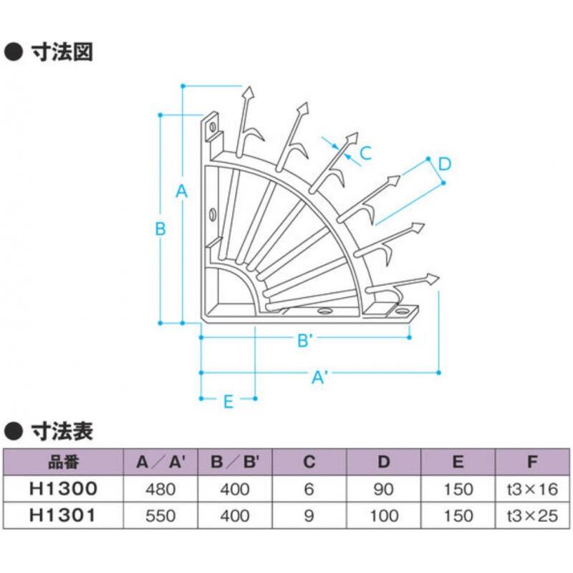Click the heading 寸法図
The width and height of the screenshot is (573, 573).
pos(62,52)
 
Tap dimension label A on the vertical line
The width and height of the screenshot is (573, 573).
pos(181,191)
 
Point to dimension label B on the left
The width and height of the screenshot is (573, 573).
pos(160,229)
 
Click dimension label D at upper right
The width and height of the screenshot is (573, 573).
pos(444,164)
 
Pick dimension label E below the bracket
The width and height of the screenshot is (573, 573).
pos(228,402)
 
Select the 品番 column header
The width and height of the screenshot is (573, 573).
pos(63,462)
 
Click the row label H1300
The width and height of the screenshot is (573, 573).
pos(63,489)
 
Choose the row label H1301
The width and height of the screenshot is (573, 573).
pos(63,516)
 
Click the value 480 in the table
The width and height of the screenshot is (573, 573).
pos(160,489)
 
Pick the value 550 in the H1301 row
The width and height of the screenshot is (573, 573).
pos(160,516)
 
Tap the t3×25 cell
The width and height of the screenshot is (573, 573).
pos(531,516)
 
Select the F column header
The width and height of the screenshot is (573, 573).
pos(531,462)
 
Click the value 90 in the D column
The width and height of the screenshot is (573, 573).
pos(384,489)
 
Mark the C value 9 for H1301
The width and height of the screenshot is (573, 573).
pos(309,516)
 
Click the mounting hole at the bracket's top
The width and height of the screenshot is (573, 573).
pos(212,129)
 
